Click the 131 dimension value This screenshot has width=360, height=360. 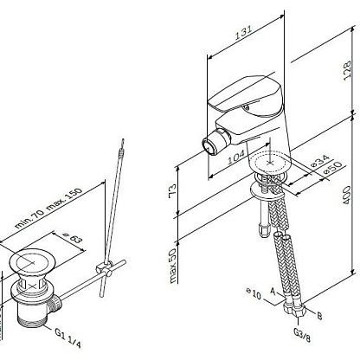tap(244, 32)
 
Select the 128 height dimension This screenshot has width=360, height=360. tap(347, 68)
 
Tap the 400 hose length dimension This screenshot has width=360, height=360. tap(347, 195)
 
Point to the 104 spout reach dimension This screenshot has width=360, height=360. tap(236, 157)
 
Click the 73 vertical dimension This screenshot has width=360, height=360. tap(172, 190)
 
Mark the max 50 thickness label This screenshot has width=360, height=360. tap(172, 266)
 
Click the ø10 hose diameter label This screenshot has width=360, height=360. tap(254, 293)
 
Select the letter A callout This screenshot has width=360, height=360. tap(273, 291)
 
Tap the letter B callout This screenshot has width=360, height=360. tap(319, 316)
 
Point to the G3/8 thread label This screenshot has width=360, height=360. tap(302, 334)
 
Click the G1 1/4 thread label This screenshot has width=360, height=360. tap(68, 337)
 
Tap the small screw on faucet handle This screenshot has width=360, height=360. tap(246, 107)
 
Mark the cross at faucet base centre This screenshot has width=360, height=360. tap(270, 163)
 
